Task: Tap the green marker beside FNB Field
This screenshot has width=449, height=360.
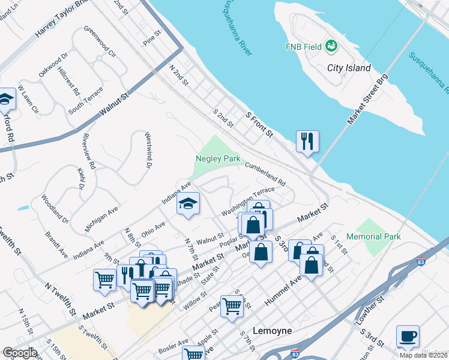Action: coord(331,46)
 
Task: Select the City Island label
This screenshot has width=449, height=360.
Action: coord(349,68)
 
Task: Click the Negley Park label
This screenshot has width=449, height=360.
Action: coord(218,158)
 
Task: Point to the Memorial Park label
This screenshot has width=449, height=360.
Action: coord(378,236)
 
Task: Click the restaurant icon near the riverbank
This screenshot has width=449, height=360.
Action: coord(307,142)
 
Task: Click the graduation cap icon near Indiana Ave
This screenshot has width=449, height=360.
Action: coord(188,205)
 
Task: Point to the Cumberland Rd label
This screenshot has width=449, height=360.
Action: coord(265,175)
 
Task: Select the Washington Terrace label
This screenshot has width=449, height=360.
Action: coord(247,203)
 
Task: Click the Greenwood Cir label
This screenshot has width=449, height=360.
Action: coord(100,41)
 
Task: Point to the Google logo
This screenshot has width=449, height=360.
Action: coord(19,353)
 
